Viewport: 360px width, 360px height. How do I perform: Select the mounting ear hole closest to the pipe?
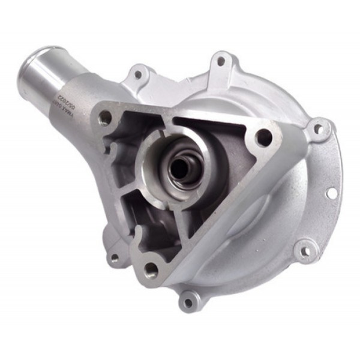139,75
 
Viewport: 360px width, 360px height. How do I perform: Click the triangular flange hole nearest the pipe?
107,117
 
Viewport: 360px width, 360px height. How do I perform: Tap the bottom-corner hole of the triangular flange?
151,271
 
